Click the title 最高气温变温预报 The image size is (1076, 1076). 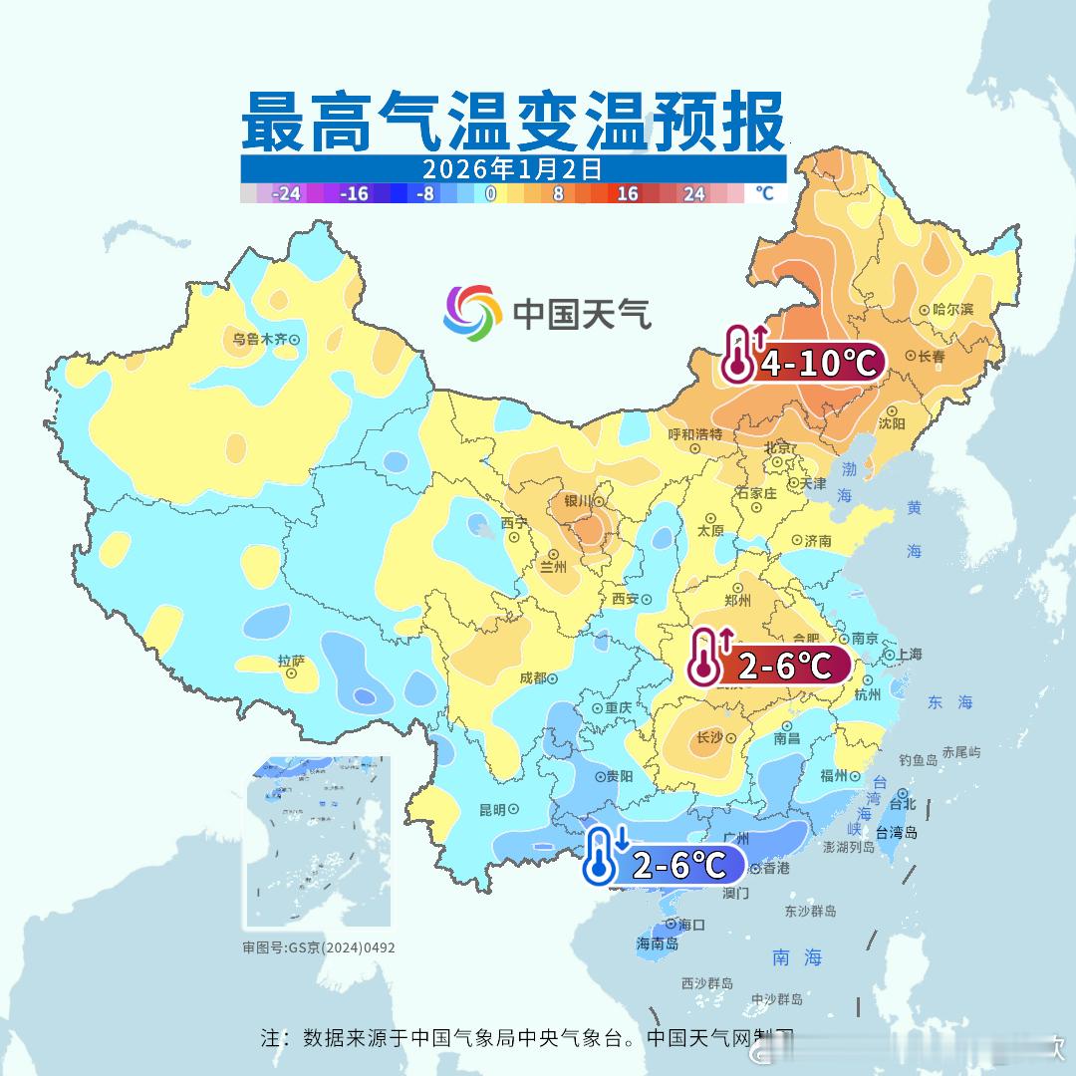(x=512, y=122)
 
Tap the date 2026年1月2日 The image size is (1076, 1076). (x=512, y=168)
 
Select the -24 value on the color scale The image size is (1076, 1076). (x=286, y=194)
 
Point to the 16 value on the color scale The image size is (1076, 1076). (x=627, y=194)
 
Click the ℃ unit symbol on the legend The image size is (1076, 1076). (x=764, y=193)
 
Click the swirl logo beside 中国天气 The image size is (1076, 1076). (x=472, y=312)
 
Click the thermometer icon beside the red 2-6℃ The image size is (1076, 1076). (x=705, y=658)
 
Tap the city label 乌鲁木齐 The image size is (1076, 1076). (x=259, y=340)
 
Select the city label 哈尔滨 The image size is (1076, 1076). (x=953, y=310)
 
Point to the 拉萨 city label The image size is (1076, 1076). (x=291, y=661)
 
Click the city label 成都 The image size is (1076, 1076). (x=533, y=678)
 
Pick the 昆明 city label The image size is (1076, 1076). (x=492, y=810)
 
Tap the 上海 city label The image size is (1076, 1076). (x=909, y=655)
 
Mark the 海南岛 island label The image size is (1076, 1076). (x=657, y=943)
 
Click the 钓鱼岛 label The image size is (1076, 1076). (x=918, y=760)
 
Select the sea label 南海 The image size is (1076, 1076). (x=797, y=958)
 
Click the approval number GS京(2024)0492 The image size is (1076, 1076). (x=319, y=947)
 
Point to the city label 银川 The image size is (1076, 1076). (x=578, y=502)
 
